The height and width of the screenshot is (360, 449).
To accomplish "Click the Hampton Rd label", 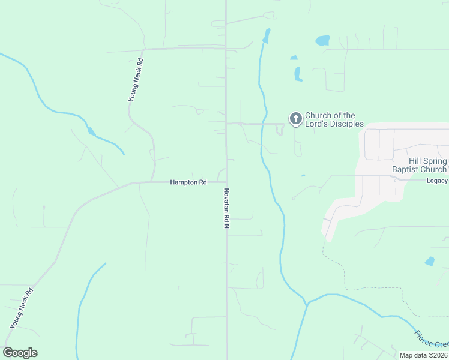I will click(188, 182).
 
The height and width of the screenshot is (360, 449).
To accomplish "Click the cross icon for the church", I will click(295, 119).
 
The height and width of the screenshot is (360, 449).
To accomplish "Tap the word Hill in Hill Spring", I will click(415, 161).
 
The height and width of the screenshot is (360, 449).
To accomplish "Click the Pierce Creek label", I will click(432, 338).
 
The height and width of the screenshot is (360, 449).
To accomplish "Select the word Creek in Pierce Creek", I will click(441, 344).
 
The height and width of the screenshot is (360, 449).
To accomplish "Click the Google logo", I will click(20, 353).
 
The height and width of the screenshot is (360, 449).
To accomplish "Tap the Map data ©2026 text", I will click(424, 355).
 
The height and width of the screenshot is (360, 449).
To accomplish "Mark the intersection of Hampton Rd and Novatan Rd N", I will click(226, 182).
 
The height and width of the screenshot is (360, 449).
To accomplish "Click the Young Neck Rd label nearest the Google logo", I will click(21, 308).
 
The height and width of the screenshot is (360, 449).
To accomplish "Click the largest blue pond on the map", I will click(322, 41).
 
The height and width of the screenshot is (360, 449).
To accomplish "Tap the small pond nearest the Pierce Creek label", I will click(429, 262).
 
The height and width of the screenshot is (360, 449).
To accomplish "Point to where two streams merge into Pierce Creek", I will click(307, 304).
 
